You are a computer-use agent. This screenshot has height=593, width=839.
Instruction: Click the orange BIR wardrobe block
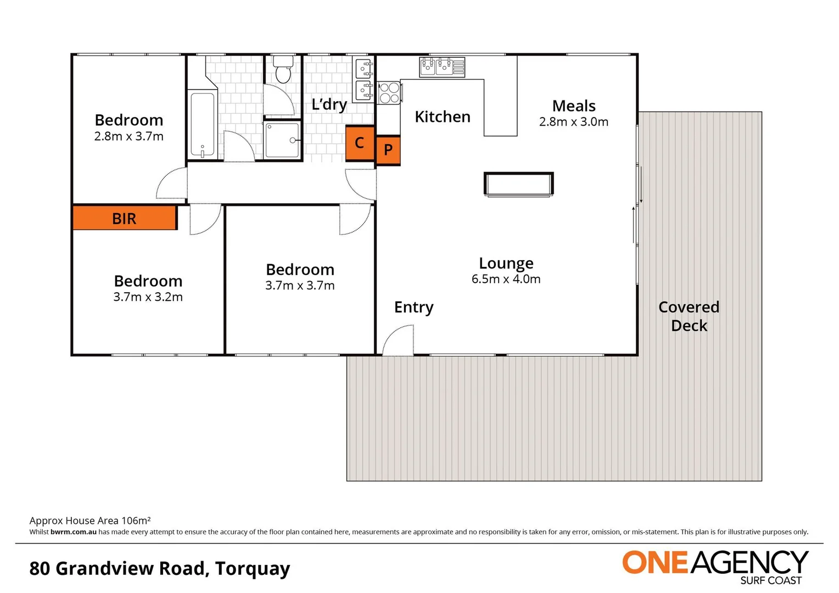[x=125, y=218]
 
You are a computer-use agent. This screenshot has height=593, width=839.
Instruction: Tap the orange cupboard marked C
[x=360, y=143]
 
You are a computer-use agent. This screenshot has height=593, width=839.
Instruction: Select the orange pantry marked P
[x=388, y=150]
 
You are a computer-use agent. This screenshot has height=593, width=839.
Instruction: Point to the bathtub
[x=202, y=125]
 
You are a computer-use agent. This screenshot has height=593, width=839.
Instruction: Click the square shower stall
[x=282, y=141]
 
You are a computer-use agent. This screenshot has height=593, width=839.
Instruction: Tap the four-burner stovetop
[x=389, y=93]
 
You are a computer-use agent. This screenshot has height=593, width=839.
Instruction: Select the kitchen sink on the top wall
[x=442, y=67]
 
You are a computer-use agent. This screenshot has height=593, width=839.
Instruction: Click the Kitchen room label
[x=442, y=117]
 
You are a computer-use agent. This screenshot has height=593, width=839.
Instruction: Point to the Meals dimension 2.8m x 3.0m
[x=573, y=122]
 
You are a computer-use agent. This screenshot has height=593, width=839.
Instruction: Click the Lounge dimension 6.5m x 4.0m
[x=506, y=279]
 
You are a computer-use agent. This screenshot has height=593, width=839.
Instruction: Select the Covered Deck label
[x=689, y=316]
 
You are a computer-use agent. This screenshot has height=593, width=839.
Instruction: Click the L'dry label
[x=329, y=104]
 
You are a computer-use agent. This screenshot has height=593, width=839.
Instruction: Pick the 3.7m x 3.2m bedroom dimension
[x=148, y=297]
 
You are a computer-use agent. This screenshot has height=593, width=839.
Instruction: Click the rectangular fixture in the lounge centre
[x=518, y=184]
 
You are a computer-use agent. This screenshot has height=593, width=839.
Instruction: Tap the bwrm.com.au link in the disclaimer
[x=74, y=532]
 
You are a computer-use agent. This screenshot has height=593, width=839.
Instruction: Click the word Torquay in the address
[x=253, y=568]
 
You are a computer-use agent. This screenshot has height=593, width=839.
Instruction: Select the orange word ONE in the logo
[x=655, y=563]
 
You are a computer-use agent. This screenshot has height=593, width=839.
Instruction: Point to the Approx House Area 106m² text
[x=90, y=521]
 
